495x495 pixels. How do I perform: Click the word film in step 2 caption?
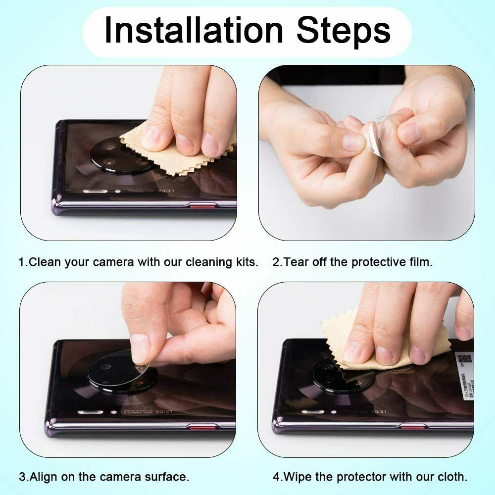tap(419, 262)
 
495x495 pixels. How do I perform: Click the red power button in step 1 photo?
tap(202, 205)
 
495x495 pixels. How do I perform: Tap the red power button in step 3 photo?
tap(203, 427)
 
